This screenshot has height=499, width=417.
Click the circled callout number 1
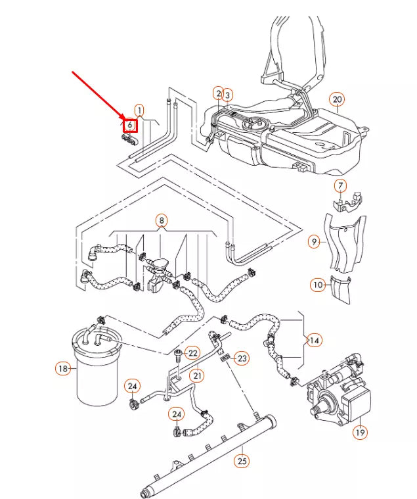coord(139,110)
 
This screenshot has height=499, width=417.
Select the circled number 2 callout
coord(218,94)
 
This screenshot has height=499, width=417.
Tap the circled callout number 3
coord(228,95)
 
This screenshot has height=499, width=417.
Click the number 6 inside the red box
coord(130,124)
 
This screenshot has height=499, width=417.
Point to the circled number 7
coord(340,185)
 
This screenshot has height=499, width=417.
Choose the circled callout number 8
coord(162,221)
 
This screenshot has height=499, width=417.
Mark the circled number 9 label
coord(315,242)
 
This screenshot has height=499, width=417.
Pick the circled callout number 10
coord(318,285)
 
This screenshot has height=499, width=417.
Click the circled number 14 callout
coord(315,340)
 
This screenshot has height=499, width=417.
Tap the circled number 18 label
coord(63,369)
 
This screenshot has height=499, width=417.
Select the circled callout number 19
coord(360,432)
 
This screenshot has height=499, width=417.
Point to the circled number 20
coord(337,100)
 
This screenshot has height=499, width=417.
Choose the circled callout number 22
coord(192,354)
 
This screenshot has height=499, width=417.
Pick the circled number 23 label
coord(242,358)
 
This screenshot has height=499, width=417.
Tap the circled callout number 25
coord(242,461)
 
